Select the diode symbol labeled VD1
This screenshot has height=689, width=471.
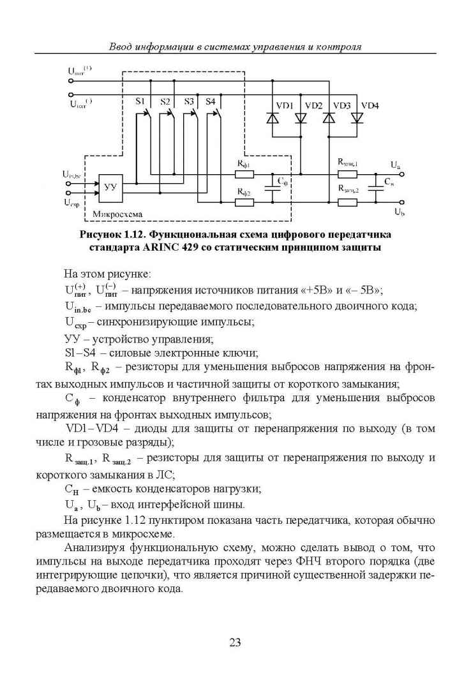273,118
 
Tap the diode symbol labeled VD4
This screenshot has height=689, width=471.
356,118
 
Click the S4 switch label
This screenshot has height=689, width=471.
211,101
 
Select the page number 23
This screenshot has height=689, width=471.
235,642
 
